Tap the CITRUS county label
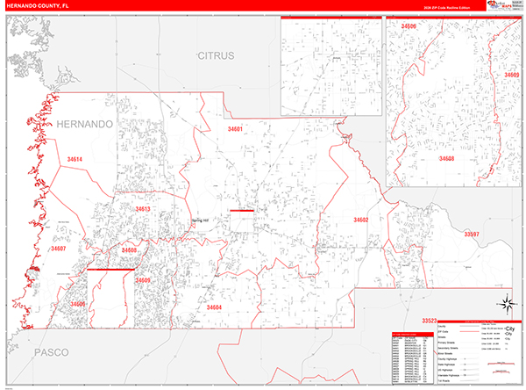[216, 55]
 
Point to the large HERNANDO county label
[85, 125]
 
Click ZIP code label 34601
[234, 129]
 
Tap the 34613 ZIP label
[143, 209]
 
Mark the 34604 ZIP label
[213, 307]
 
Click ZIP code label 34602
[360, 220]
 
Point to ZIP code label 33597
[472, 235]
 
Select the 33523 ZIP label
[430, 320]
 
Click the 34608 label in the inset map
[447, 159]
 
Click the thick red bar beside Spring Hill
[241, 211]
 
